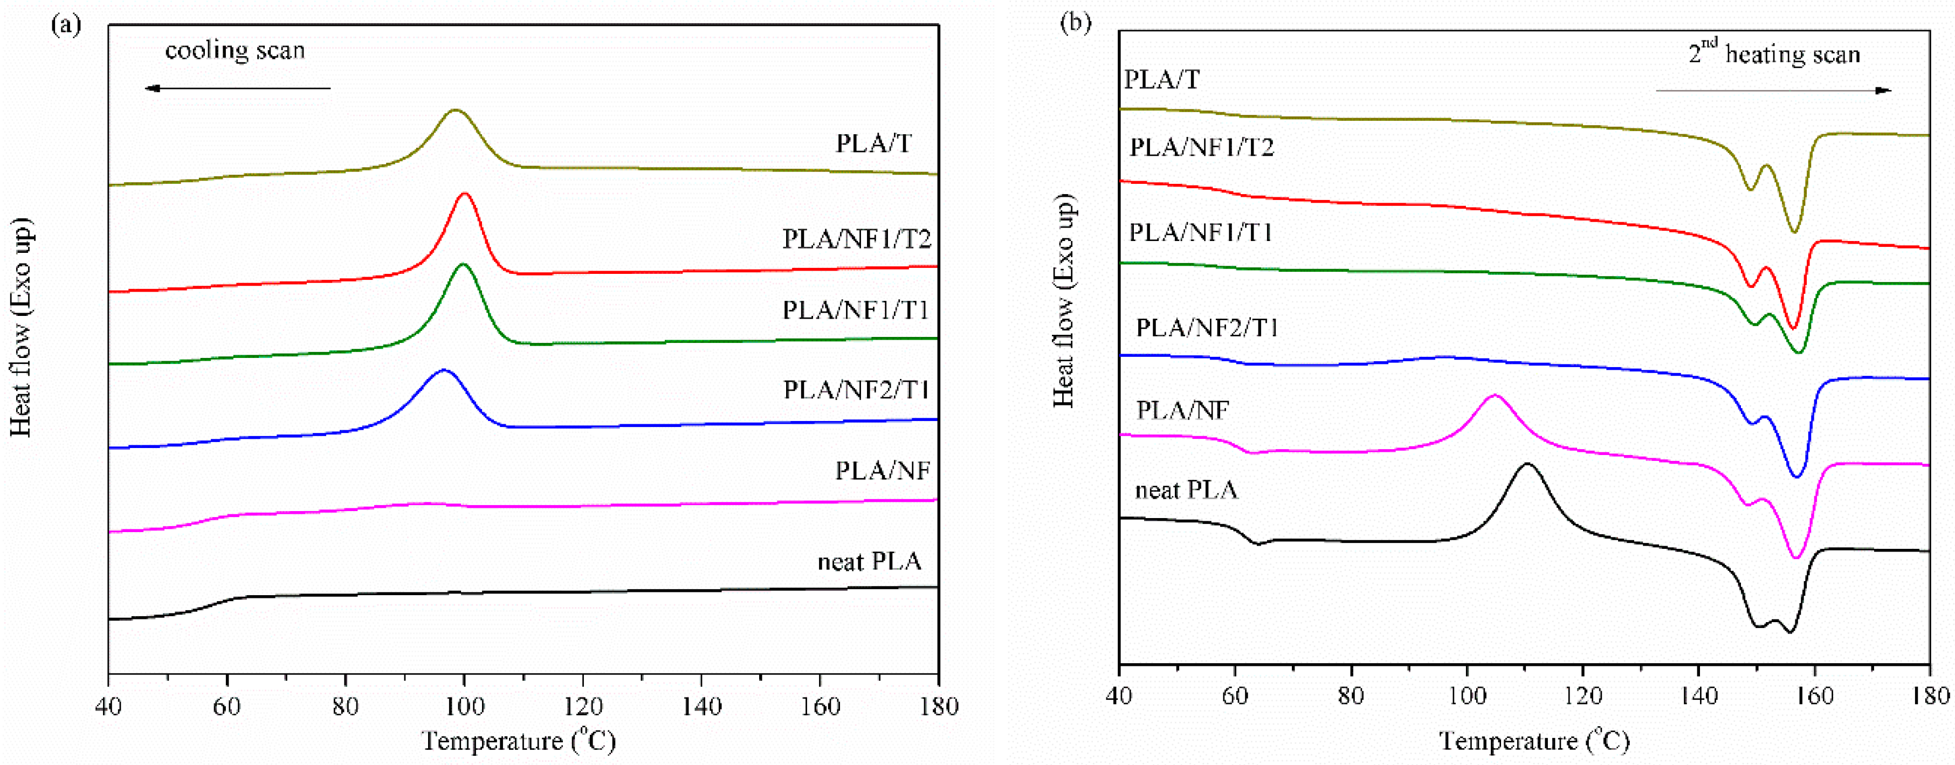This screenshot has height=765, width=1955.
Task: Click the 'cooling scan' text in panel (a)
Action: click(x=235, y=51)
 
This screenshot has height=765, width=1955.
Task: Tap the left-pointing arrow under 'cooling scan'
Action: click(x=237, y=89)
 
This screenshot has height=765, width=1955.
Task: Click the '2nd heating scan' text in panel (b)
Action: click(x=1774, y=54)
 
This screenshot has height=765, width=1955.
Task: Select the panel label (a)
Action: click(x=66, y=24)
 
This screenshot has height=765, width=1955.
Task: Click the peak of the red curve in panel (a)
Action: click(x=464, y=194)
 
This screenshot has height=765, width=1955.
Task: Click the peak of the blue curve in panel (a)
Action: click(x=444, y=370)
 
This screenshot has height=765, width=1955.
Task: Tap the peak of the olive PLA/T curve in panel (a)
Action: click(x=455, y=111)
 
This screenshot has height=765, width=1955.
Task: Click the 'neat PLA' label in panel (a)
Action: click(x=869, y=562)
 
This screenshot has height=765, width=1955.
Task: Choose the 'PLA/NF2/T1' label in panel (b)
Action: click(x=1207, y=328)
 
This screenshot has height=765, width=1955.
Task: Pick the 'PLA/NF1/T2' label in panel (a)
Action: click(x=856, y=240)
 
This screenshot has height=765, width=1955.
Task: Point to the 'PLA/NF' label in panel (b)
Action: click(x=1182, y=411)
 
